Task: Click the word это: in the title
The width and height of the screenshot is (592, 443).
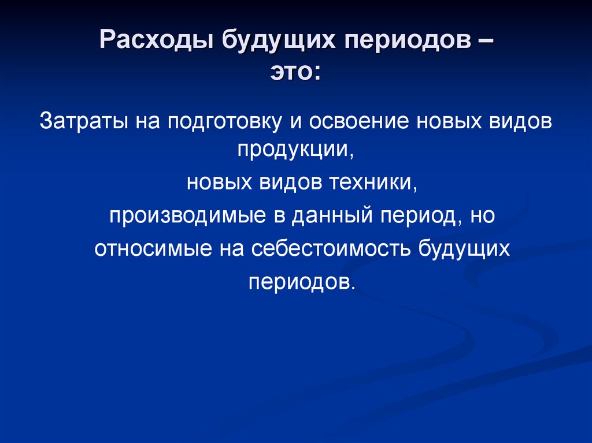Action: click(296, 72)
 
